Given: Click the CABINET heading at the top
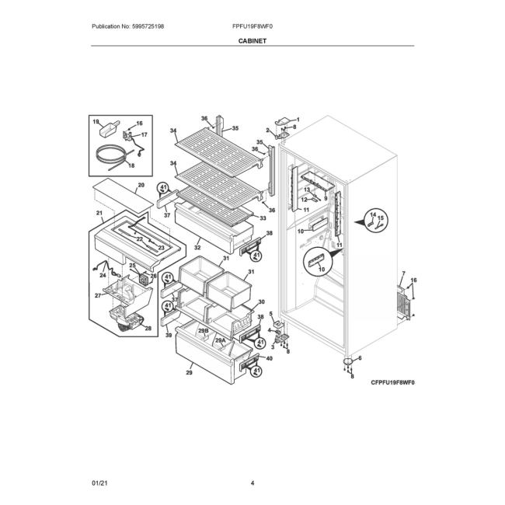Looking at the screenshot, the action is [252, 41].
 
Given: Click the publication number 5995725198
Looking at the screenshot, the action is [148, 26].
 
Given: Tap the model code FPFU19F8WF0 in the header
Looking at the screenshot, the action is [252, 26].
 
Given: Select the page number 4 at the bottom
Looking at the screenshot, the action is [252, 482].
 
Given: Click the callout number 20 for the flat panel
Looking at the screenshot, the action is [141, 185].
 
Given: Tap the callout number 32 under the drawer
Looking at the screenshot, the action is [197, 248].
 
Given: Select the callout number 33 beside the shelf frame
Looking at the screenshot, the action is [263, 218].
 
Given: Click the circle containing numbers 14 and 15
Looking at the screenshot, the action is [376, 221].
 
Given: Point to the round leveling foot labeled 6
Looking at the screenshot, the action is [348, 361].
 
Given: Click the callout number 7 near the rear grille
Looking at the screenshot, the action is [403, 274].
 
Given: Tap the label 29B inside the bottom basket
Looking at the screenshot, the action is [204, 331].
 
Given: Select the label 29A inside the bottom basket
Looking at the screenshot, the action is [221, 340].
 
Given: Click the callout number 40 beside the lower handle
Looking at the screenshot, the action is [270, 358].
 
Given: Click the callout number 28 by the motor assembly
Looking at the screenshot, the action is [148, 329].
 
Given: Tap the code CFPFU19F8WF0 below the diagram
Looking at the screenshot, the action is [392, 382].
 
